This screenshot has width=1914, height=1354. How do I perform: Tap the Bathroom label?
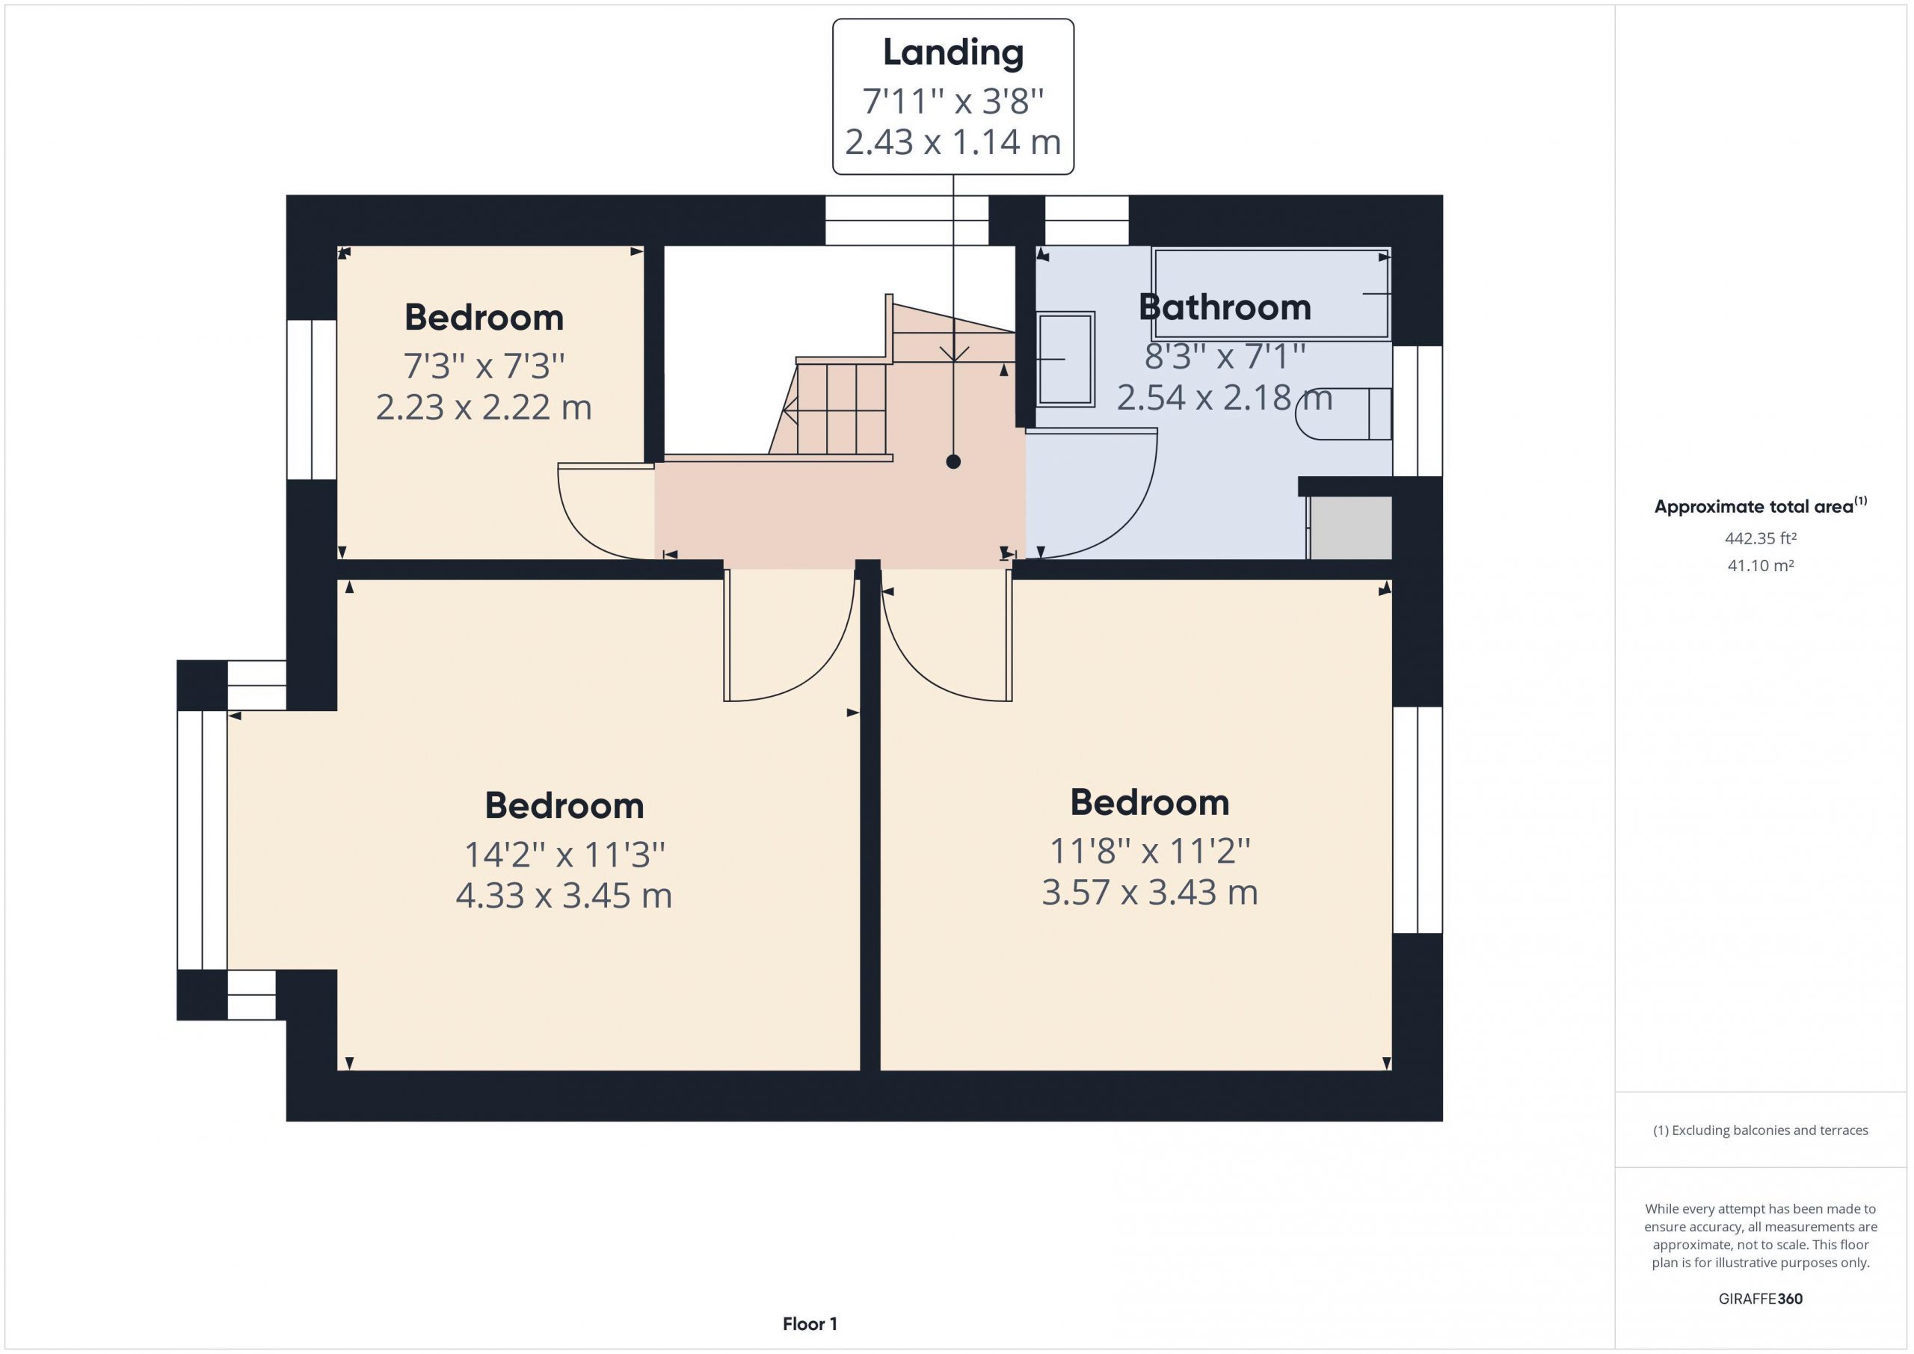(x=1225, y=307)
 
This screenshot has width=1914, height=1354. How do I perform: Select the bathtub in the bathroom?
(x=1270, y=294)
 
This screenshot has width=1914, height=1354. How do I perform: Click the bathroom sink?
(x=1065, y=360)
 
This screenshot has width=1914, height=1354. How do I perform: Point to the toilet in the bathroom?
(x=1344, y=413)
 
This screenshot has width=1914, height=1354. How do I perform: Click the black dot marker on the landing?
(x=953, y=462)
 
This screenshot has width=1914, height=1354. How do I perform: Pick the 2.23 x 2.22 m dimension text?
(x=484, y=407)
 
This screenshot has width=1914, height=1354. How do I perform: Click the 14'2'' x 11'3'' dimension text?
(x=564, y=855)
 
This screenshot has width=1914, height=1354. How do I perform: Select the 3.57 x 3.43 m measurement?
(x=1150, y=892)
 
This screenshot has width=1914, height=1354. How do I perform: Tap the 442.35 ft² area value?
(x=1761, y=538)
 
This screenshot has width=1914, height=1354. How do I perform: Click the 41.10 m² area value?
(x=1761, y=565)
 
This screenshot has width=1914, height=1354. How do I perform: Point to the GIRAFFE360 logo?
(x=1761, y=1298)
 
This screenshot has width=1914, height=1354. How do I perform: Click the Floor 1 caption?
(x=810, y=1323)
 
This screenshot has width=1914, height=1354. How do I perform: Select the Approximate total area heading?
(x=1761, y=505)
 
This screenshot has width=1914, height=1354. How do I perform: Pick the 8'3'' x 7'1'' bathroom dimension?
(x=1225, y=357)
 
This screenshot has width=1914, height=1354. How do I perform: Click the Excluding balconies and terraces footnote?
(x=1761, y=1130)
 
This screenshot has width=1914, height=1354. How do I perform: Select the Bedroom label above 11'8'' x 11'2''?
(x=1150, y=803)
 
